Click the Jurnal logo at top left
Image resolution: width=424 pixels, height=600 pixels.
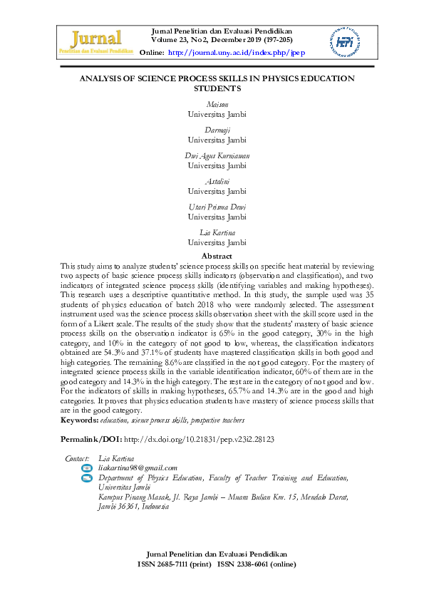[x=97, y=42]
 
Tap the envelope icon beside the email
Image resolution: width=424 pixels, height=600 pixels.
[x=88, y=467]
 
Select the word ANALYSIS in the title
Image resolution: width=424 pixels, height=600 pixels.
[x=117, y=78]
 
